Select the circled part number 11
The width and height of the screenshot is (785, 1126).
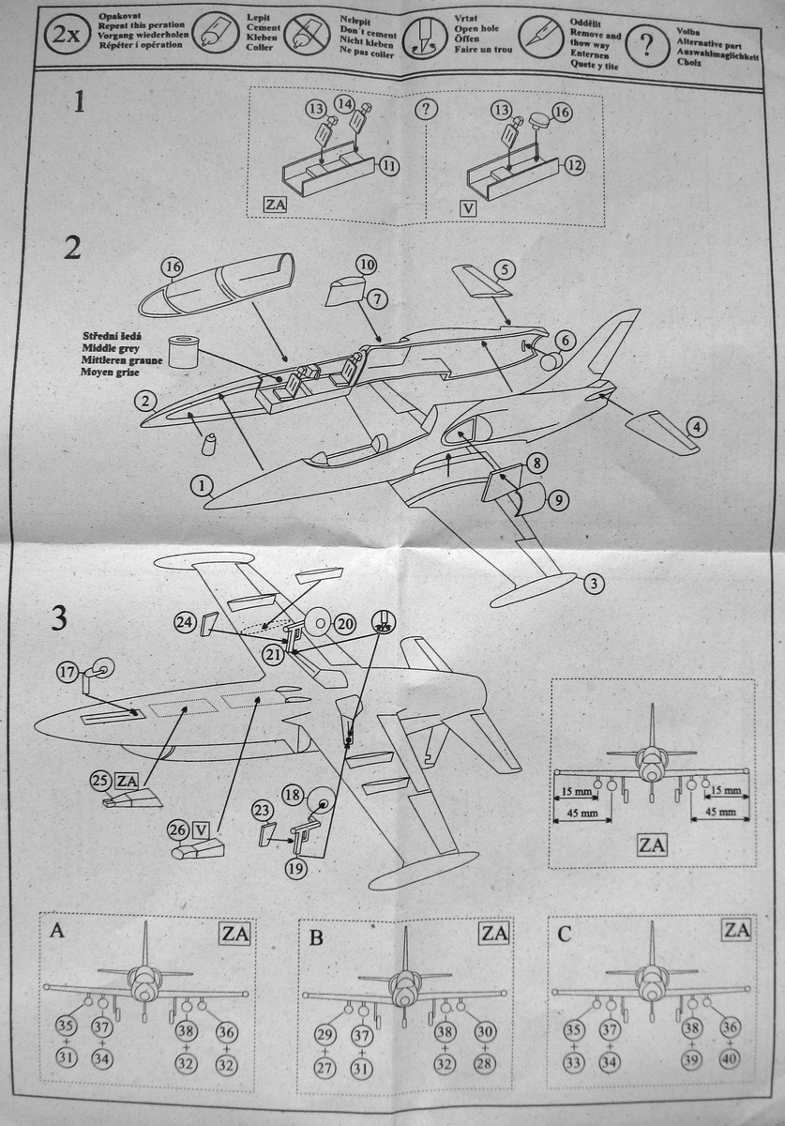point(387,166)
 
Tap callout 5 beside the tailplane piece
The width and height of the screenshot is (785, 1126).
point(504,270)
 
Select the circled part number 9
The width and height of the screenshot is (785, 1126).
point(556,500)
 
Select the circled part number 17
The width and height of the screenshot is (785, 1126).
point(67,672)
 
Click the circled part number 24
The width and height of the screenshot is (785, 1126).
point(185,621)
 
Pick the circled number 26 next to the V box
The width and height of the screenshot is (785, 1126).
point(176,830)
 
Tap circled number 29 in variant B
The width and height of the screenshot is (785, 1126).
point(325,1034)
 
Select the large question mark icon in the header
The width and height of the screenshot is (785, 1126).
point(646,44)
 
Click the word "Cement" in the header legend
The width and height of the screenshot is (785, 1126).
point(263,29)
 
